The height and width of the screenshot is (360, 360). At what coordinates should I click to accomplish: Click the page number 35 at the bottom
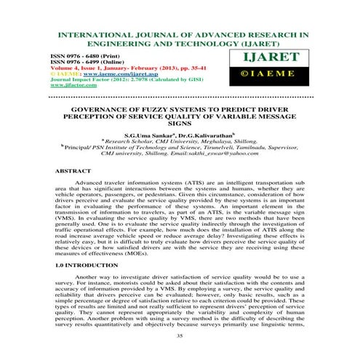(180, 336)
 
